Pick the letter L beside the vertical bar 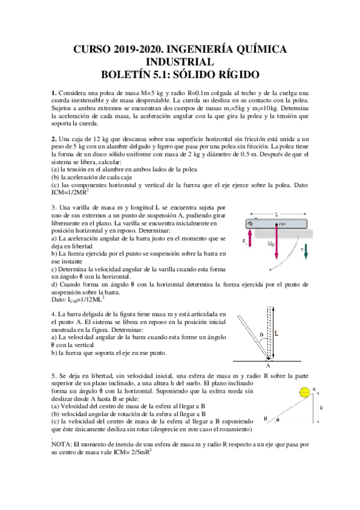point(276,332)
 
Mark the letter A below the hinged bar point(267,364)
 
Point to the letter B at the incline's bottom point(264,419)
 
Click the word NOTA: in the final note point(63,444)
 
